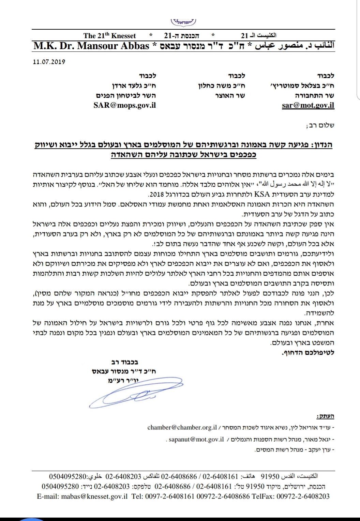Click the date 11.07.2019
(x=49, y=62)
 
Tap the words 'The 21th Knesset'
(x=109, y=36)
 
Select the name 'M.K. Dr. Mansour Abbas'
(x=91, y=46)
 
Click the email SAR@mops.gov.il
(x=124, y=105)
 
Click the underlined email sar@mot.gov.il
(x=308, y=105)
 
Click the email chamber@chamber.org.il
(x=182, y=427)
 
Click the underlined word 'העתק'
(x=325, y=416)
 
